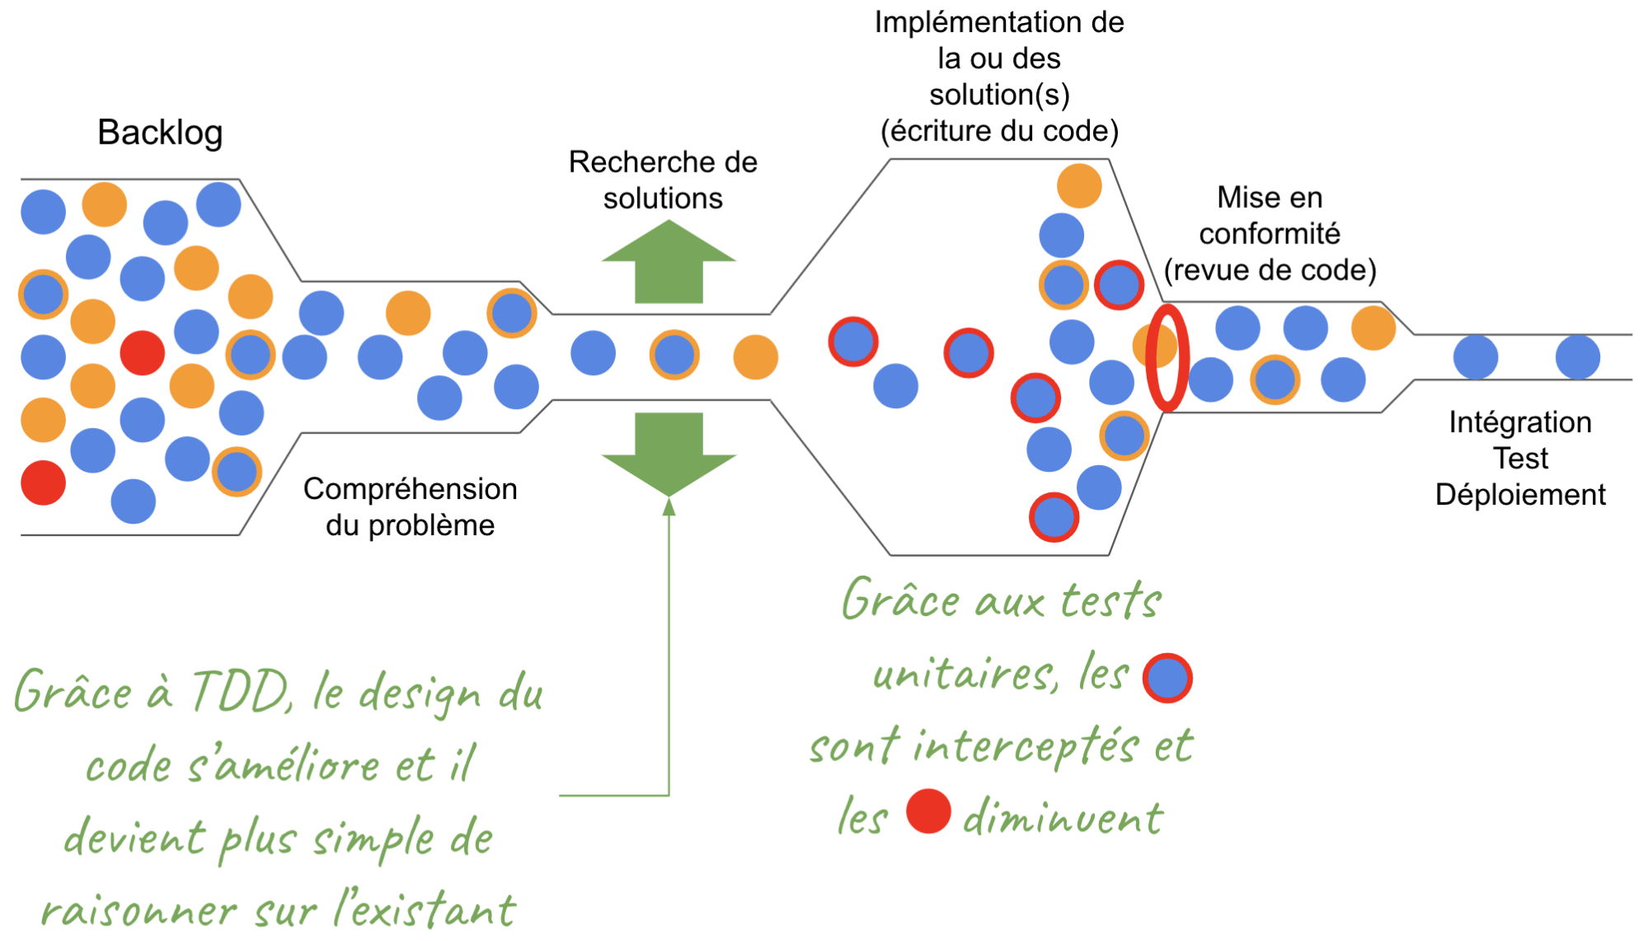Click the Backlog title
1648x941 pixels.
click(x=160, y=133)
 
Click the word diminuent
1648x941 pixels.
click(x=1063, y=818)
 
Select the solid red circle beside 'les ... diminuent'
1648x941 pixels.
click(x=928, y=812)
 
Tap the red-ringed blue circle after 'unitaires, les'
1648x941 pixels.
click(x=1167, y=678)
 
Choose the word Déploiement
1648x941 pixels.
click(x=1520, y=495)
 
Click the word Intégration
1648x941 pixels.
click(x=1520, y=422)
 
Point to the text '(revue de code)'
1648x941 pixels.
click(x=1270, y=271)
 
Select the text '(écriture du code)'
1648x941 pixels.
click(x=999, y=131)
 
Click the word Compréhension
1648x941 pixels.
click(x=411, y=489)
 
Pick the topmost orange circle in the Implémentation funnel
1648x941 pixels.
click(x=1079, y=186)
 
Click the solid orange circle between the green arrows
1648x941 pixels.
click(x=755, y=357)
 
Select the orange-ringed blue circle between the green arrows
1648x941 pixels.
click(x=674, y=355)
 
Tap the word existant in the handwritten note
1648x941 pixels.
click(x=434, y=910)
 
